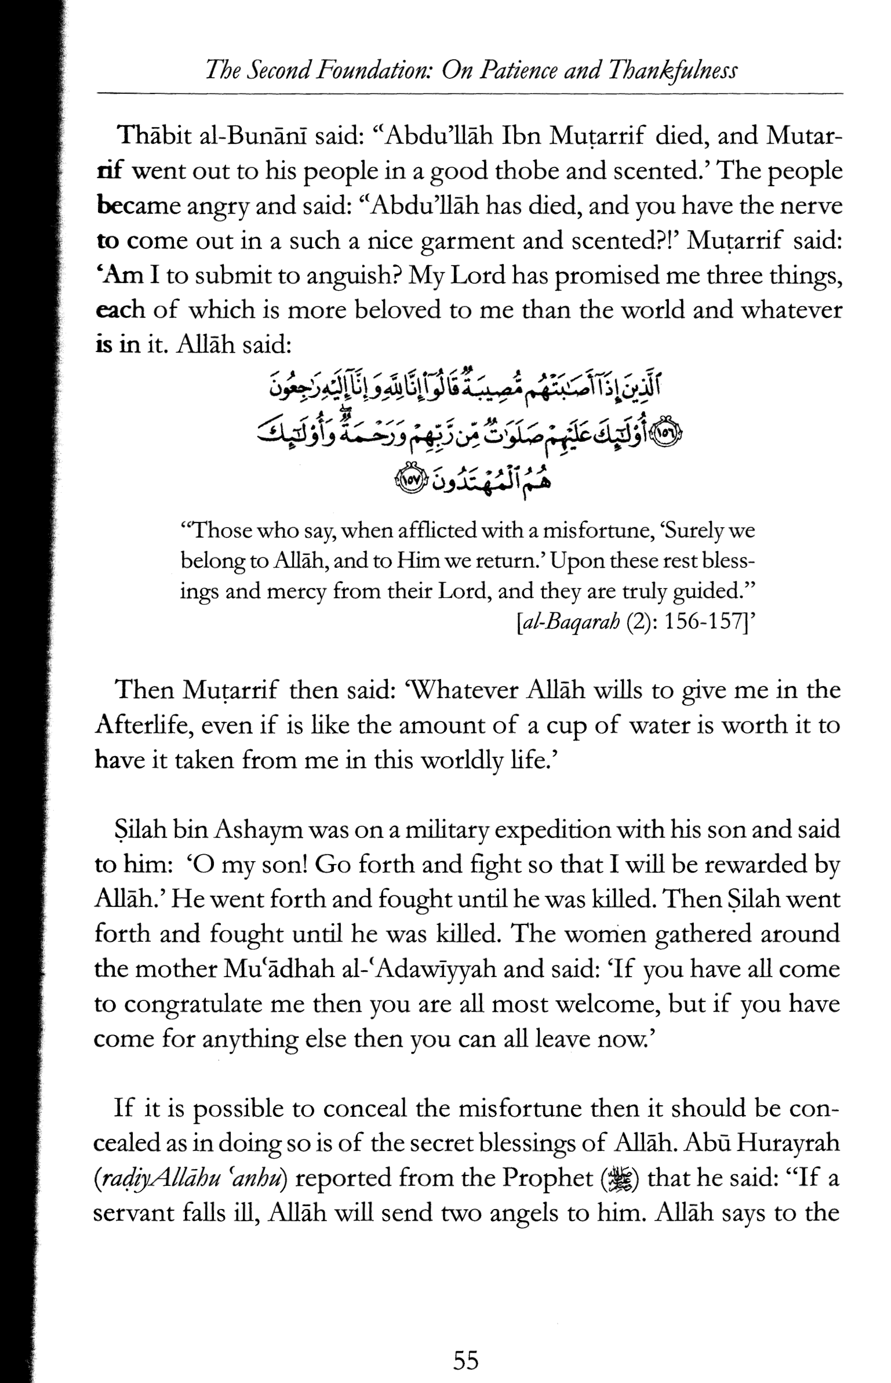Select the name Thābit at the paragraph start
153,137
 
